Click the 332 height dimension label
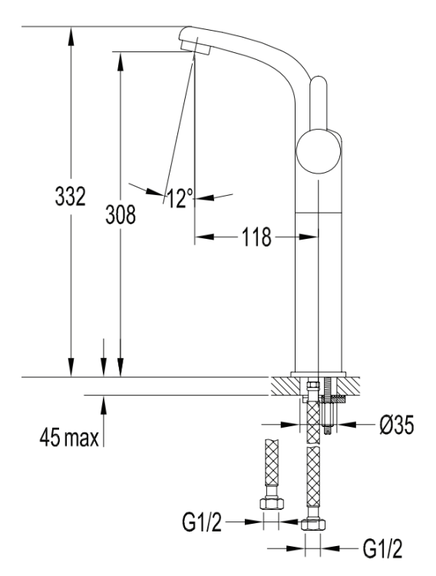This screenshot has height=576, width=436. pyautogui.click(x=70, y=197)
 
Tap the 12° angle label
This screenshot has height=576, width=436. pyautogui.click(x=179, y=199)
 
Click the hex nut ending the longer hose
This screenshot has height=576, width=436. pyautogui.click(x=312, y=526)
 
